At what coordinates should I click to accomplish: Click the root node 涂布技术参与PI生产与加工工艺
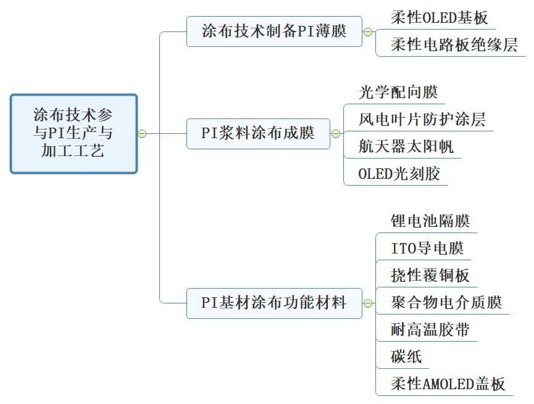(x=73, y=133)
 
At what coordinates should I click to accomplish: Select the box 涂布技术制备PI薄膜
(x=274, y=31)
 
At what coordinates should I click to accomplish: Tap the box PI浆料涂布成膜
(x=258, y=133)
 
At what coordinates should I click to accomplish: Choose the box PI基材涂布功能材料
(x=274, y=303)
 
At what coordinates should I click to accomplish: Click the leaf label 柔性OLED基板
(x=439, y=18)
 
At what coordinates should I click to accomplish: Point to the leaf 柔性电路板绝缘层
(x=454, y=45)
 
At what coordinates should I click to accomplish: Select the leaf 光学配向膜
(x=398, y=93)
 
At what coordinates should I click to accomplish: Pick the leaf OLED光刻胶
(x=399, y=174)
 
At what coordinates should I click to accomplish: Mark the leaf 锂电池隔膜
(x=430, y=221)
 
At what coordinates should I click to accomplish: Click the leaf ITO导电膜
(x=427, y=248)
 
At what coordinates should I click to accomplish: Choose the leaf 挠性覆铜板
(x=430, y=275)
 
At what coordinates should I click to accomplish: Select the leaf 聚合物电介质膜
(x=446, y=302)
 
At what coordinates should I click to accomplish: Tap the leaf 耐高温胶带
(x=430, y=329)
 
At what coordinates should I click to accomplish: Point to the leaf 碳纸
(x=406, y=357)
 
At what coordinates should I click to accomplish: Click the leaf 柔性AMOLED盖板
(x=448, y=384)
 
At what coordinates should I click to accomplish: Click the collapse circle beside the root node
(x=142, y=134)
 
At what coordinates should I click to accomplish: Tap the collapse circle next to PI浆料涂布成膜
(x=336, y=134)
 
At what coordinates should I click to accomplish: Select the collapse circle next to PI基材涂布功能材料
(x=368, y=303)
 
